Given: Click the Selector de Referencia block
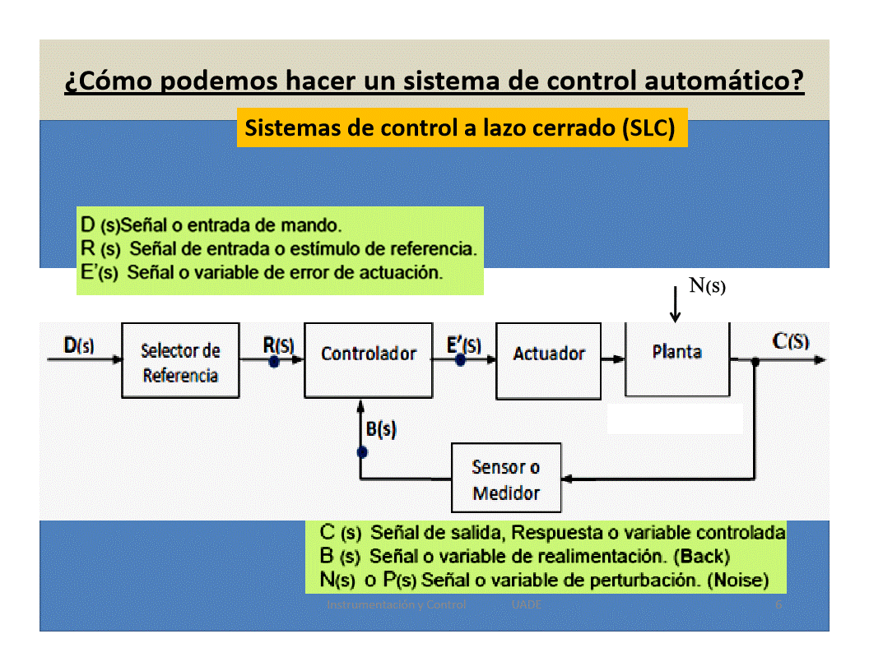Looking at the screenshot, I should (180, 362).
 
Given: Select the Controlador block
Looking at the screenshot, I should (368, 355).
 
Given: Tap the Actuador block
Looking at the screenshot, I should (548, 355).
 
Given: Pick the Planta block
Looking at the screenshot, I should (676, 354).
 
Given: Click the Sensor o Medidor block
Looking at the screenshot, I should (505, 479).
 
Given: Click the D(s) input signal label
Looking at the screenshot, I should (79, 345).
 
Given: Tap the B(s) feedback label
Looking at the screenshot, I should (380, 428).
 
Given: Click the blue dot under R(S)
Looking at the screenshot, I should (273, 361).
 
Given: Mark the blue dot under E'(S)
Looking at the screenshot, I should (461, 361).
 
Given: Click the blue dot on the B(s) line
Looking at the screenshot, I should (362, 452).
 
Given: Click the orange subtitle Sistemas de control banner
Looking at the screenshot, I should (462, 128).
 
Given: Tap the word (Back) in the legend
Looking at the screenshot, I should (700, 556).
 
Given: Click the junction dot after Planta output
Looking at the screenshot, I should (755, 360).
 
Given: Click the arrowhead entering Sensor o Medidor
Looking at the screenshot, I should (568, 479).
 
